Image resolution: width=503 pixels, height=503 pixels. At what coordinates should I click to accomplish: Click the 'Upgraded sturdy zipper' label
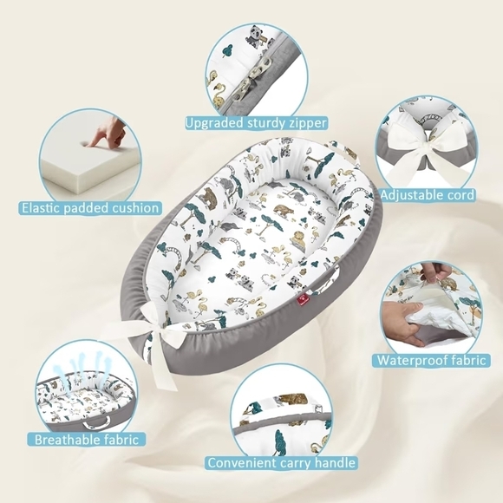click(x=256, y=123)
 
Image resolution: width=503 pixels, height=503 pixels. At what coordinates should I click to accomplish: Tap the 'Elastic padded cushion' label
click(x=90, y=208)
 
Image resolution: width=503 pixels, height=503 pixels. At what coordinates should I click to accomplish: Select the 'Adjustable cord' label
click(x=428, y=195)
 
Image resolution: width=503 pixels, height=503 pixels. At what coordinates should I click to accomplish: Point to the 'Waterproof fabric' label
click(x=431, y=360)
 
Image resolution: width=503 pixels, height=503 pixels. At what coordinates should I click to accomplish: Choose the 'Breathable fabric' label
click(x=87, y=439)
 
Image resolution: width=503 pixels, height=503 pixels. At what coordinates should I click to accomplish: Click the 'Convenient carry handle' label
click(x=281, y=463)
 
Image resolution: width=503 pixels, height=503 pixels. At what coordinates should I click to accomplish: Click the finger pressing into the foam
click(x=100, y=134)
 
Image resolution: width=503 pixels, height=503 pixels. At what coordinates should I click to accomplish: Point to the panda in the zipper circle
click(x=257, y=36)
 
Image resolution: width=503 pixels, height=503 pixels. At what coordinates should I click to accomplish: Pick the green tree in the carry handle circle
click(x=281, y=441)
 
